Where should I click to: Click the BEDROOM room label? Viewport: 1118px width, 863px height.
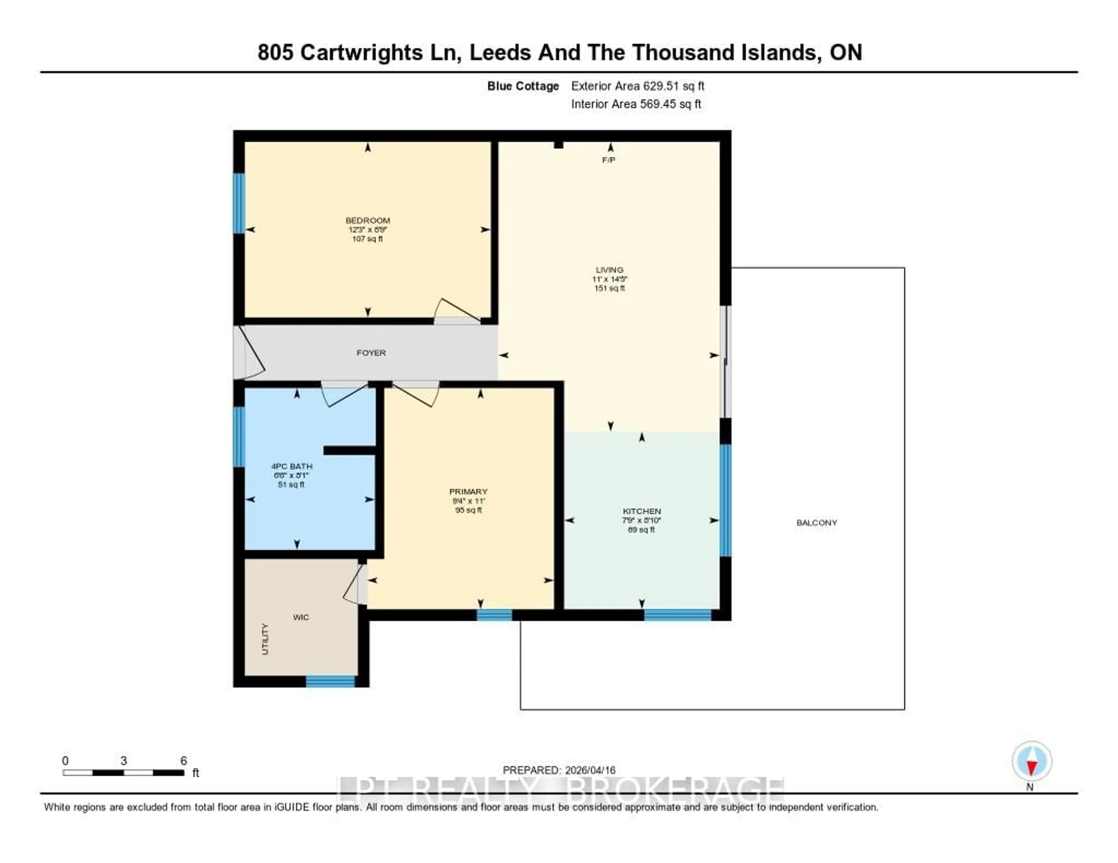tap(367, 221)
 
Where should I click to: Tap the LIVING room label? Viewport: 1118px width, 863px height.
tap(609, 270)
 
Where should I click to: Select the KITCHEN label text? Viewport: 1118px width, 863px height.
tap(641, 511)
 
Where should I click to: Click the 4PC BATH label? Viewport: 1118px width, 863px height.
tap(291, 466)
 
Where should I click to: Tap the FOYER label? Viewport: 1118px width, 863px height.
tap(371, 353)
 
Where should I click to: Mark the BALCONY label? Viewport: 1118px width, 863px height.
tap(816, 523)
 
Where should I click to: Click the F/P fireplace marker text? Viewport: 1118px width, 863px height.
tap(609, 160)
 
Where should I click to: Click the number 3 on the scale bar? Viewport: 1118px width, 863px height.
tap(123, 761)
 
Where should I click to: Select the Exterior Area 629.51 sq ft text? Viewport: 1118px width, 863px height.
tap(637, 86)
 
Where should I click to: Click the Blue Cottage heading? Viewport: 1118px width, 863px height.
tap(523, 86)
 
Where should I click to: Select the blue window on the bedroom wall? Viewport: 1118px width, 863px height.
tap(238, 203)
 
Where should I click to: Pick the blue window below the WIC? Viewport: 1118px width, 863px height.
tap(330, 681)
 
